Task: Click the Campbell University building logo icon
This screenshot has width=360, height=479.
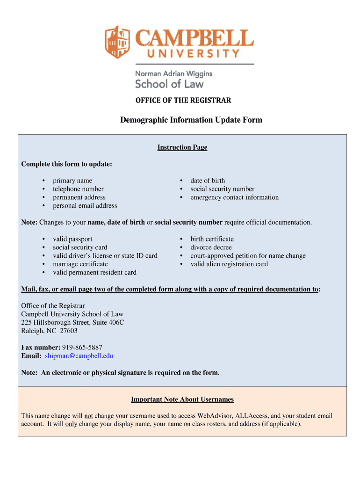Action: tap(117, 42)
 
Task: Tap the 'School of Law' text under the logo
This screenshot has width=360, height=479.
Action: tap(169, 84)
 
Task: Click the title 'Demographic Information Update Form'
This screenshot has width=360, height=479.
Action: tap(191, 120)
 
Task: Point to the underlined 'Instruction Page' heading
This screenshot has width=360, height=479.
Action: tap(182, 147)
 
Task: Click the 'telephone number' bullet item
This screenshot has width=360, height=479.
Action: tap(78, 189)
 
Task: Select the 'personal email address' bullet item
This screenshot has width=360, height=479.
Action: tap(85, 206)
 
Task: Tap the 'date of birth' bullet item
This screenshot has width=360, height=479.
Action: tap(207, 181)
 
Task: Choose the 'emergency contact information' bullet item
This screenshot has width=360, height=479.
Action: tap(234, 197)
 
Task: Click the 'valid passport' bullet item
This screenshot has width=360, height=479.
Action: tap(72, 239)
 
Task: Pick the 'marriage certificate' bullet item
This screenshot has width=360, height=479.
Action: tap(80, 264)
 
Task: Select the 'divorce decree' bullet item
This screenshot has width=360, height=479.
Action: tap(211, 247)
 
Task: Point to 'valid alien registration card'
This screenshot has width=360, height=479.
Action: tap(229, 264)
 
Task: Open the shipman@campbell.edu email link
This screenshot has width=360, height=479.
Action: tap(79, 356)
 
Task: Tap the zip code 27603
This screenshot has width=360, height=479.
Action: tap(68, 331)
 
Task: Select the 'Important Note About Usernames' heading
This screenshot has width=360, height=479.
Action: tap(182, 399)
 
